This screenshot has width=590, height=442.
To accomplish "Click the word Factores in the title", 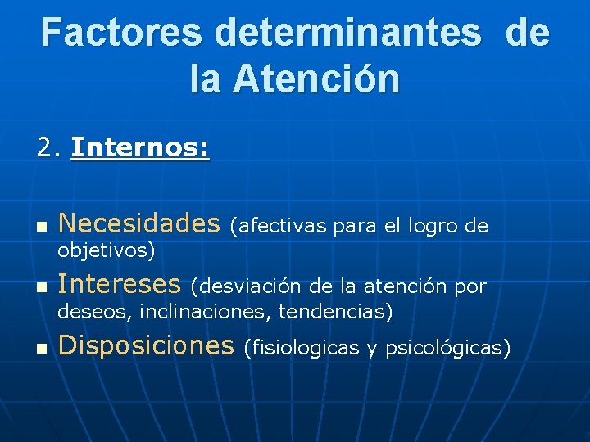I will point(121,34).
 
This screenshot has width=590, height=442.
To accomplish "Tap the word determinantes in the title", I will point(349,34).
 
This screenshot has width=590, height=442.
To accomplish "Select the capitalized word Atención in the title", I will point(316,79).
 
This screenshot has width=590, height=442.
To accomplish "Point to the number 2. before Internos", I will point(49,148).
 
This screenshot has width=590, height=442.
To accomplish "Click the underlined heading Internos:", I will point(140,148).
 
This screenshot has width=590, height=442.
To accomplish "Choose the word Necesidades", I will point(139,223).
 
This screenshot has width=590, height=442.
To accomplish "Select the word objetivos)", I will point(107,250).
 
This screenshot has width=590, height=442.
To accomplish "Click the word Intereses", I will point(120,284).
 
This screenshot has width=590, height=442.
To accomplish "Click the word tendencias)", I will point(336,312).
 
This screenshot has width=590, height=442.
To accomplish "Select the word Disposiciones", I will point(147,345).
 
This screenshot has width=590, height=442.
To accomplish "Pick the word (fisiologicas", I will point(302,349).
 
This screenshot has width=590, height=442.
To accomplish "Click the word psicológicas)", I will point(448,349).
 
